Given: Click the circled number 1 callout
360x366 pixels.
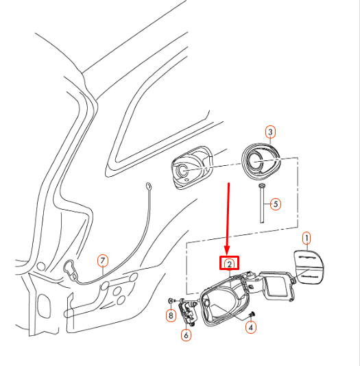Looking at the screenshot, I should [307, 238].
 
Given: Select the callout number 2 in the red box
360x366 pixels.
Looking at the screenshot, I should [229, 263].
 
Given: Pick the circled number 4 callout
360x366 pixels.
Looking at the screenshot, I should [251, 328].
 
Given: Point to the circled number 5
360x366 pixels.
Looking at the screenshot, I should [275, 204].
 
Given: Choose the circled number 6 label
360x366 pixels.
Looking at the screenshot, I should [186, 335].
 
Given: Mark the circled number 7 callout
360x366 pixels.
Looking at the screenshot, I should [102, 260].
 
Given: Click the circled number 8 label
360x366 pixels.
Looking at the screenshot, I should [171, 315].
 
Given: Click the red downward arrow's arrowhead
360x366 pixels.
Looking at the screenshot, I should [229, 249].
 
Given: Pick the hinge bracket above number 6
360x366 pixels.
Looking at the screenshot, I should [187, 313].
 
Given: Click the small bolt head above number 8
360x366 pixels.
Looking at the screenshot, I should [171, 301].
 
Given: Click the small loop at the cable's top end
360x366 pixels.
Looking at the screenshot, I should [149, 186].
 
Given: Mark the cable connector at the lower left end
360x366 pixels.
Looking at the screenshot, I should [70, 266].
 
